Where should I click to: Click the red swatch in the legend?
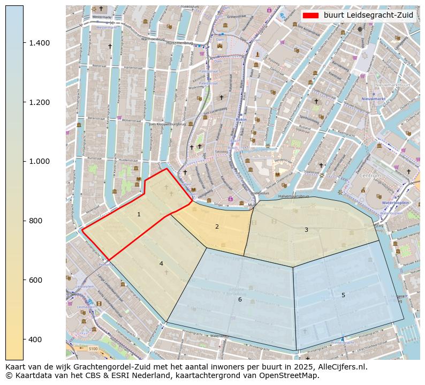tap(311, 16)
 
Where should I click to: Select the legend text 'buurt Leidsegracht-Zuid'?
tap(368, 16)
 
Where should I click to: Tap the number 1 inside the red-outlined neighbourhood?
tap(139, 214)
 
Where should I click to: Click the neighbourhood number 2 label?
tap(217, 227)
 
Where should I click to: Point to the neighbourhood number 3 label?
tap(306, 230)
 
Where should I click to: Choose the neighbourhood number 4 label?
tap(161, 263)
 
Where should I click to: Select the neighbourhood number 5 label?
tap(343, 295)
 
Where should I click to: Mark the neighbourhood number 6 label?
tap(240, 299)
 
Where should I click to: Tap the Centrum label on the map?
tap(370, 175)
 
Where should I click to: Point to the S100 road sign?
tap(94, 349)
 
